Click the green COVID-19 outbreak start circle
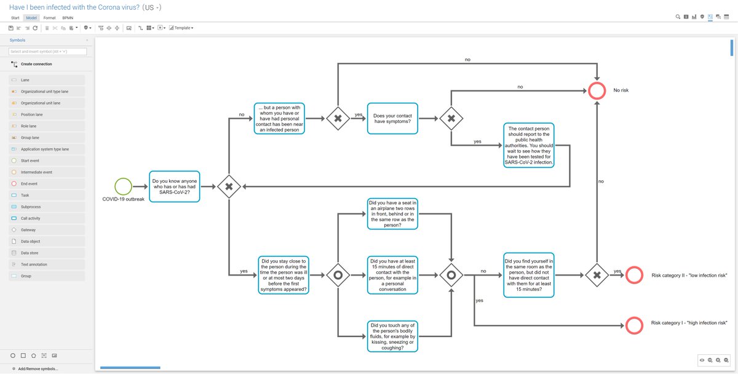[x=124, y=186]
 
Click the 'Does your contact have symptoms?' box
[x=392, y=117]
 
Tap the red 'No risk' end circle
[x=597, y=90]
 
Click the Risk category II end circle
[x=634, y=275]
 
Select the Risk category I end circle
[x=634, y=325]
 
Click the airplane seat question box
[x=392, y=213]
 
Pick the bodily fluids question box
[x=392, y=336]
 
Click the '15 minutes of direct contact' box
[x=392, y=275]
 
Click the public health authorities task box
[x=529, y=146]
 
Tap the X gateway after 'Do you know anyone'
[x=229, y=186]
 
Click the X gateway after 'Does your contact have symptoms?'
[x=451, y=117]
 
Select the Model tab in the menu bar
[x=31, y=18]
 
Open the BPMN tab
[x=68, y=18]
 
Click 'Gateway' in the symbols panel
[x=28, y=230]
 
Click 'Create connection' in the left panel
[x=36, y=64]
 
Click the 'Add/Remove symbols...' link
[x=38, y=368]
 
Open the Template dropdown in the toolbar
[x=183, y=28]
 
